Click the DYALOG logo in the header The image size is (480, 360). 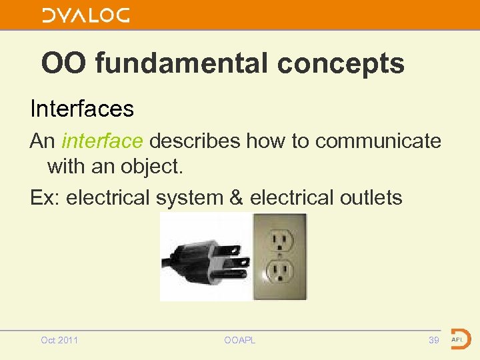coord(86,15)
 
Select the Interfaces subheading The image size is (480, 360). coord(81,108)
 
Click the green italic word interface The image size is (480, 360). coord(102,141)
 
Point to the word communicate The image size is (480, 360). coord(378,141)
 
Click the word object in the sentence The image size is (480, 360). coord(150,167)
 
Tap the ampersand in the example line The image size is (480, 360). coord(236,197)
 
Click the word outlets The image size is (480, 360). coord(369,197)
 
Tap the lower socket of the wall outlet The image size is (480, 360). coord(279,271)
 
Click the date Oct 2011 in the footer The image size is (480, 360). coord(59,340)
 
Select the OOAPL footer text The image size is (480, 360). coord(240,340)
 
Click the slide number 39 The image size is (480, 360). coord(434,340)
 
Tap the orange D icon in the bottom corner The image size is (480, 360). coord(459,339)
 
